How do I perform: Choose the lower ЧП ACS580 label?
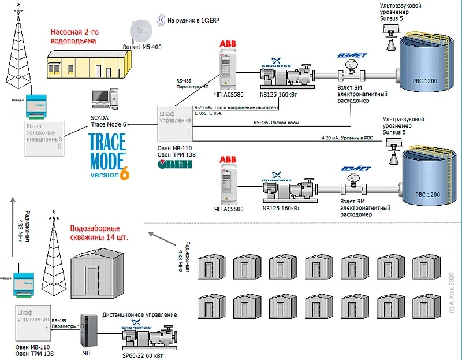[x=230, y=208]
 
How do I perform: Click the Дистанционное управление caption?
[x=140, y=315]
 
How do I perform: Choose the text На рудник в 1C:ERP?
[x=196, y=20]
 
